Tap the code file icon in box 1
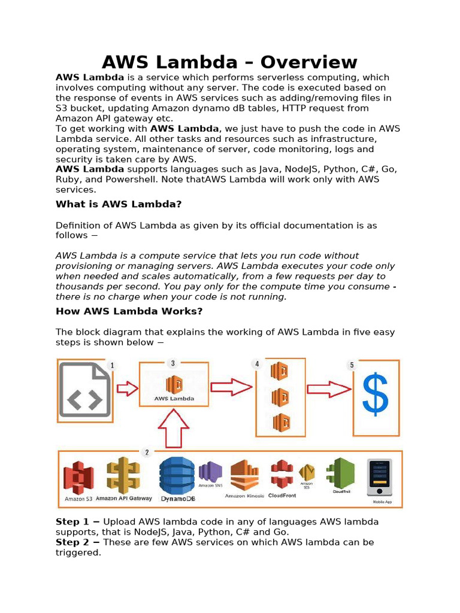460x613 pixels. point(84,390)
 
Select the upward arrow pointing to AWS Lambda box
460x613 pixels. point(173,429)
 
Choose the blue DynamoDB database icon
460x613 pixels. point(177,476)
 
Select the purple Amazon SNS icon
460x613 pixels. point(210,472)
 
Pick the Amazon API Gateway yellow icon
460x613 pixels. point(123,476)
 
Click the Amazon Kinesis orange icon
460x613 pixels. point(244,475)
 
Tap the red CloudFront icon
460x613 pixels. point(282,474)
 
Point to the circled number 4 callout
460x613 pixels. point(258,364)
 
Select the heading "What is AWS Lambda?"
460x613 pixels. point(119,204)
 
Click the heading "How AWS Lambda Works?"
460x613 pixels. point(129,311)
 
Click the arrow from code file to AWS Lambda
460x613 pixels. point(127,389)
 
